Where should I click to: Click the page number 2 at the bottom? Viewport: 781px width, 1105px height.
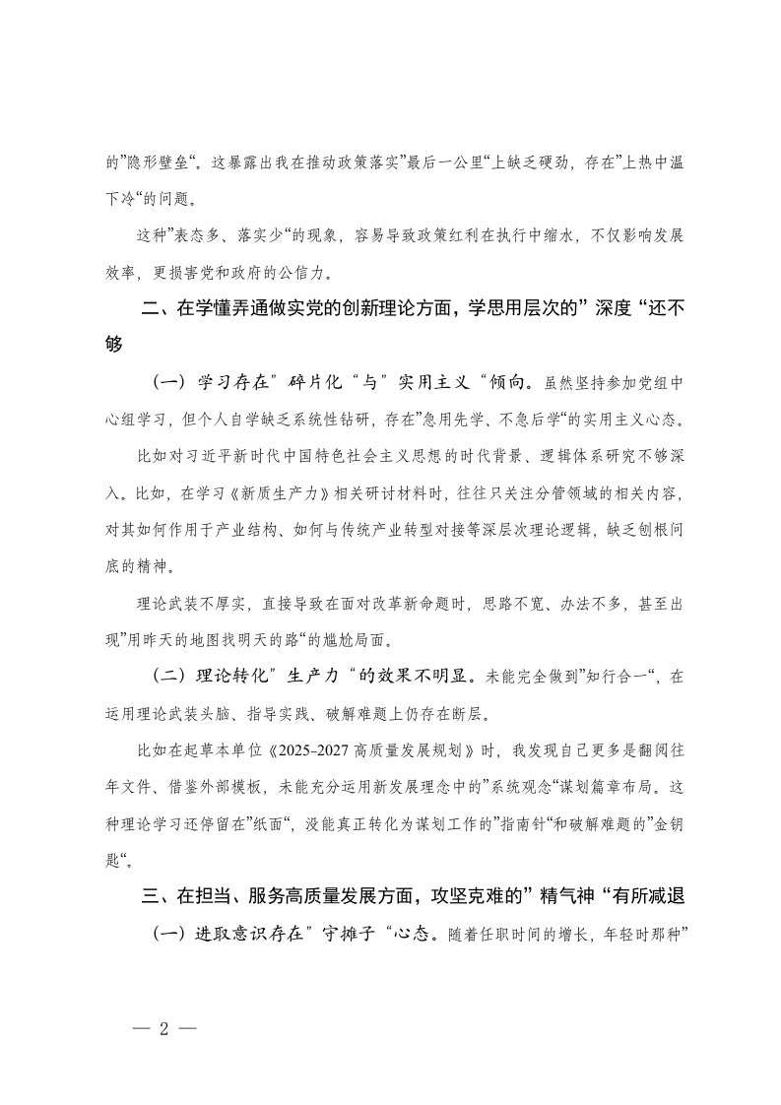(x=164, y=1029)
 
